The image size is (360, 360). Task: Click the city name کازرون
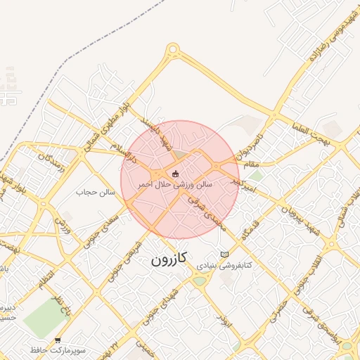pyautogui.click(x=169, y=260)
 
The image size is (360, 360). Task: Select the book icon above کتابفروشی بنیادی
pyautogui.click(x=224, y=255)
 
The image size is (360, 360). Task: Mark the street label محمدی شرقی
pyautogui.click(x=205, y=214)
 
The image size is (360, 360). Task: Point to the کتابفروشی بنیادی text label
pyautogui.click(x=224, y=267)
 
